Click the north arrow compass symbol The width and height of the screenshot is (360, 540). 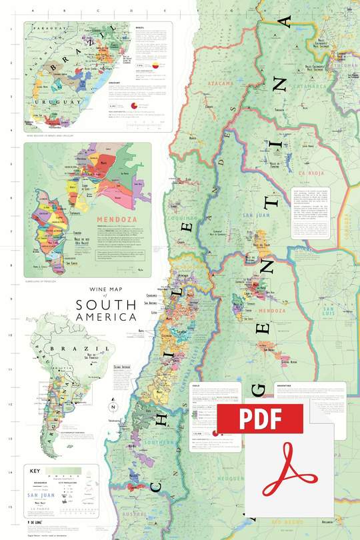[113, 407]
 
